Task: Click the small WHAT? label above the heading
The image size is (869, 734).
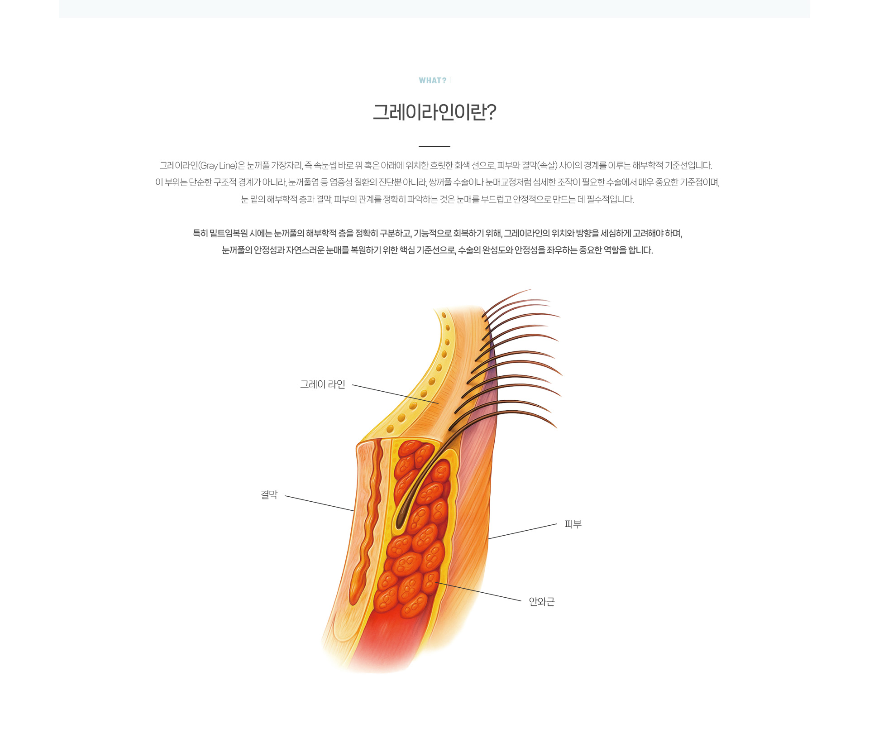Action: pos(433,81)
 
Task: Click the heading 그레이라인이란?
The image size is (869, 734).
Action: pos(434,112)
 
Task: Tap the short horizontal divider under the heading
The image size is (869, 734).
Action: pos(434,146)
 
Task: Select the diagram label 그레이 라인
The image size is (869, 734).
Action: pos(323,384)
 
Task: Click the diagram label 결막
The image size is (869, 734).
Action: pos(269,494)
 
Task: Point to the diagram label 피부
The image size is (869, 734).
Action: pos(573,524)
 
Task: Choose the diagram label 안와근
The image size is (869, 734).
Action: pos(542,602)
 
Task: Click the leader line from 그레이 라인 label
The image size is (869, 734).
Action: pos(396,394)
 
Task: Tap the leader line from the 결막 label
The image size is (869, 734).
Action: pos(320,504)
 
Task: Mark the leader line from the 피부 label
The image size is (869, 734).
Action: pos(523,532)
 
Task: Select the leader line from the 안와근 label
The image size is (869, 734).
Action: pos(478,591)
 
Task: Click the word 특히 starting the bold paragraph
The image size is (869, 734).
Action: pos(200,234)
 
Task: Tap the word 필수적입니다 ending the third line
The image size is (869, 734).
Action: pos(610,200)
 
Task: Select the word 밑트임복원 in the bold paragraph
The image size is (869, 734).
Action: pos(229,234)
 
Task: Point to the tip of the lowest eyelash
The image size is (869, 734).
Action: pos(557,427)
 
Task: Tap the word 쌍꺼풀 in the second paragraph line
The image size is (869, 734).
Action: pos(440,182)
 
